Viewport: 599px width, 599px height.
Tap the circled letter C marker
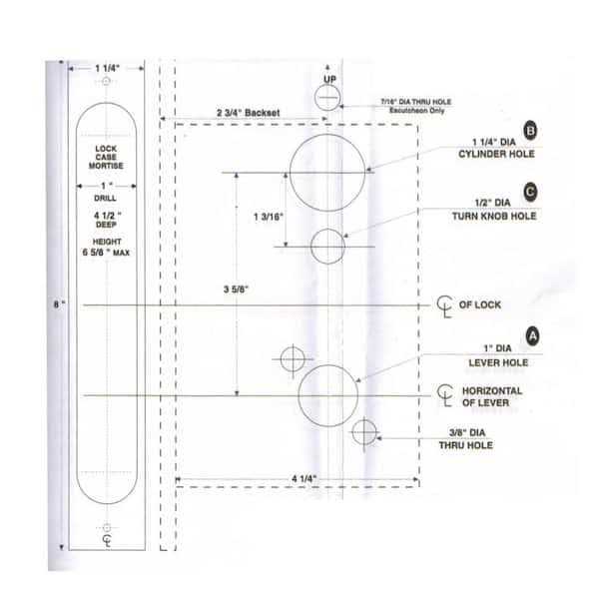[531, 192]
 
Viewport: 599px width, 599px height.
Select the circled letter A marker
[532, 336]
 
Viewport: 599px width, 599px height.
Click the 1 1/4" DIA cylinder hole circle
[327, 172]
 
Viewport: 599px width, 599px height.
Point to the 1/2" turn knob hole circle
[327, 246]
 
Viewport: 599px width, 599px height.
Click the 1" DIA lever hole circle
[327, 392]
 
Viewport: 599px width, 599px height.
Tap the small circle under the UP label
[327, 98]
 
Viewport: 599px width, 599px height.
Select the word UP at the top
[328, 78]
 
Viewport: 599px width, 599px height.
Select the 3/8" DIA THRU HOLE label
[469, 439]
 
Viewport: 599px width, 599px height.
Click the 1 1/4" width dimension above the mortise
[107, 69]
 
